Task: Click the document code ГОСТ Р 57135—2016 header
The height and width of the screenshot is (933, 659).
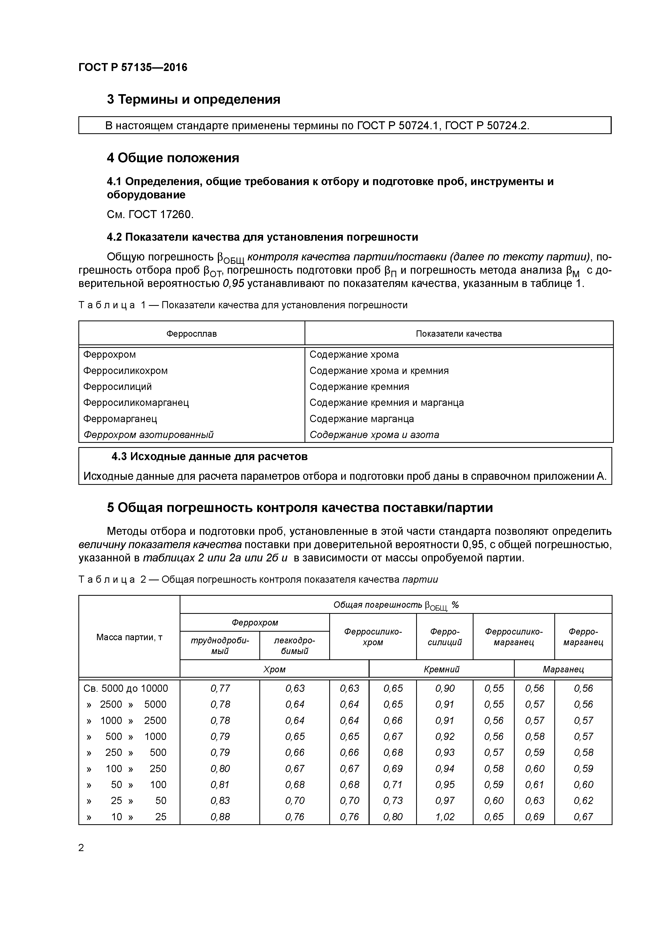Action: tap(133, 68)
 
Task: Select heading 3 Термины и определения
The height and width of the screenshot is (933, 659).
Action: tap(193, 99)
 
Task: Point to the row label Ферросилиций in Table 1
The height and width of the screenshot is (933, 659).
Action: tap(117, 386)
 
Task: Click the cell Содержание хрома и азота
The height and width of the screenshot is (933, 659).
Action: tap(374, 435)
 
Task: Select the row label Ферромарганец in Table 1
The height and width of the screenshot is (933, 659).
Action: tap(120, 419)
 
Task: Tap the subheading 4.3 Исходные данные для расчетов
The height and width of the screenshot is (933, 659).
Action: tap(209, 457)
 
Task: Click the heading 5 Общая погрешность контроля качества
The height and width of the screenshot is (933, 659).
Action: tap(300, 508)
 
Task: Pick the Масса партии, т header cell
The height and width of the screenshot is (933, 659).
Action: tap(129, 637)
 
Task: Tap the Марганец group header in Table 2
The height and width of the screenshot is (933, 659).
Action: tap(563, 669)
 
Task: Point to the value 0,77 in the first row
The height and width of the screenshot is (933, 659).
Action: tap(220, 688)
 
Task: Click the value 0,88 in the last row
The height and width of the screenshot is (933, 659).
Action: tap(220, 817)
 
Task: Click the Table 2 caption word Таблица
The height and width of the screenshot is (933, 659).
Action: tap(106, 580)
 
